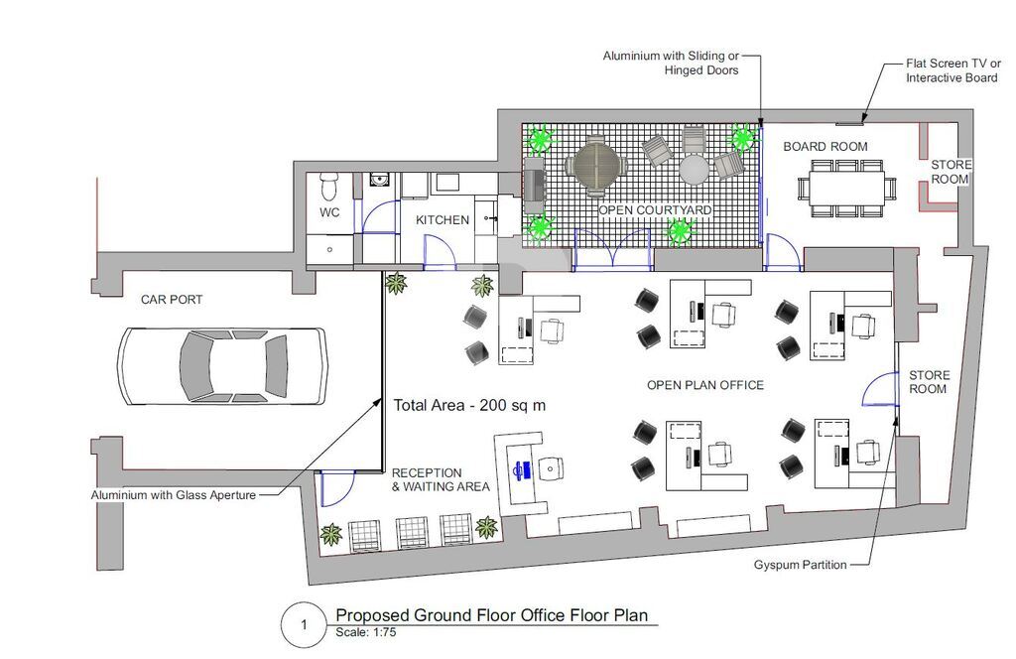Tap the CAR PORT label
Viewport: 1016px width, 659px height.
pos(172,300)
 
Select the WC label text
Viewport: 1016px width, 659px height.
pos(329,212)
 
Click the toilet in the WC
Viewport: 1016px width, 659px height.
pos(329,186)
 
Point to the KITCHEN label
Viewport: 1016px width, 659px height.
pos(443,220)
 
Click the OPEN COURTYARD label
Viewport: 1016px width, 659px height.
pos(655,210)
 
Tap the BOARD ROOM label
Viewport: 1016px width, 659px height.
pos(825,147)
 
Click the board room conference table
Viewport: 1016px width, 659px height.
pos(847,188)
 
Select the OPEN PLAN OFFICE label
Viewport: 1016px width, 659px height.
pos(705,385)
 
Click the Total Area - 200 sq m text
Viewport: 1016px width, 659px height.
pos(469,406)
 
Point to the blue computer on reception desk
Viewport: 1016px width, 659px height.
pos(523,469)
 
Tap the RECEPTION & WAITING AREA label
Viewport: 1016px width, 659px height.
pos(441,479)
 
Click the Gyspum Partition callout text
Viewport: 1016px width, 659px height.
pos(801,565)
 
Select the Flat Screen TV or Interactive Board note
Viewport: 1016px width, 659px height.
pos(953,70)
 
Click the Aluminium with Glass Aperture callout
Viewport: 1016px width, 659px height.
pos(174,495)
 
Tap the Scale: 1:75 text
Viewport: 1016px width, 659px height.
pos(365,632)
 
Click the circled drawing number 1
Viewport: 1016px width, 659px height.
pos(304,625)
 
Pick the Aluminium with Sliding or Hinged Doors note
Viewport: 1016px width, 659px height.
pos(671,63)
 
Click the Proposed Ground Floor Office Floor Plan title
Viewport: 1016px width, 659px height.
pos(492,615)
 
